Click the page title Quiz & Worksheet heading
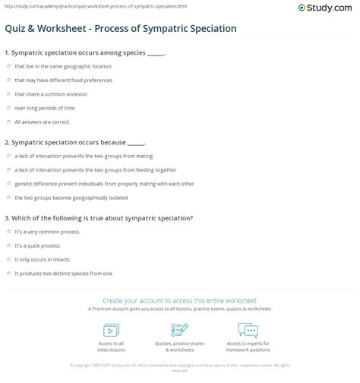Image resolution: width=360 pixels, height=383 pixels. click(119, 29)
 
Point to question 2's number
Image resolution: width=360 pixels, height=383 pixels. click(6, 142)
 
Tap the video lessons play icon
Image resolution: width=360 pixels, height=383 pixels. click(112, 331)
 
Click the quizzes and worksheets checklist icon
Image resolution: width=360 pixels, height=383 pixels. click(180, 331)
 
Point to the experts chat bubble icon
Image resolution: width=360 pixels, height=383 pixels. click(248, 331)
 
